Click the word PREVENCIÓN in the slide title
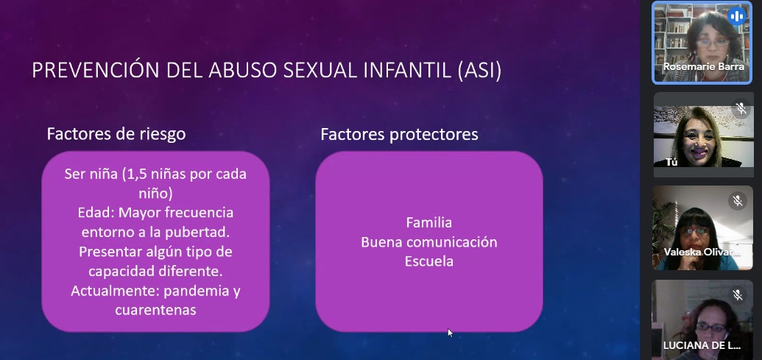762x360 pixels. point(96,71)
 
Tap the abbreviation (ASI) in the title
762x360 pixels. point(479,71)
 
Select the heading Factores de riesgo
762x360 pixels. point(116,134)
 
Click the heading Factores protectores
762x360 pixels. point(399,135)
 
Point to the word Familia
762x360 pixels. point(429,222)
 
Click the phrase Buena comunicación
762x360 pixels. point(429,242)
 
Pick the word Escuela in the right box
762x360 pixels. point(429,261)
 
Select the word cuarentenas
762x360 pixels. point(155,310)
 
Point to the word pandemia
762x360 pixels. point(195,292)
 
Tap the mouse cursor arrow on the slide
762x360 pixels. point(450,333)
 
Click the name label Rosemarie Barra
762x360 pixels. point(704,66)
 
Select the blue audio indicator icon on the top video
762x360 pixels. point(737,16)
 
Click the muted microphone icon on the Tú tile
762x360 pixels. point(741,108)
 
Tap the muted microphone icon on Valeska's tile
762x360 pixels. point(737,201)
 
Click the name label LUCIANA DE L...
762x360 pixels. point(702,346)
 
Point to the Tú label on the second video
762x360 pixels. point(671,162)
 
